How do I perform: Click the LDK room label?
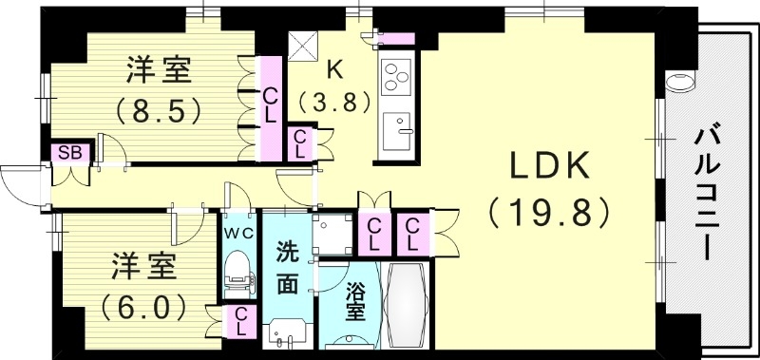550,169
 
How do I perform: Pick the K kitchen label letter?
334,68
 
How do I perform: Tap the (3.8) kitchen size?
333,101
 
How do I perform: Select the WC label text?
237,232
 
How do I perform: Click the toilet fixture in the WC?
237,271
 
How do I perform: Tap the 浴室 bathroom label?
353,300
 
